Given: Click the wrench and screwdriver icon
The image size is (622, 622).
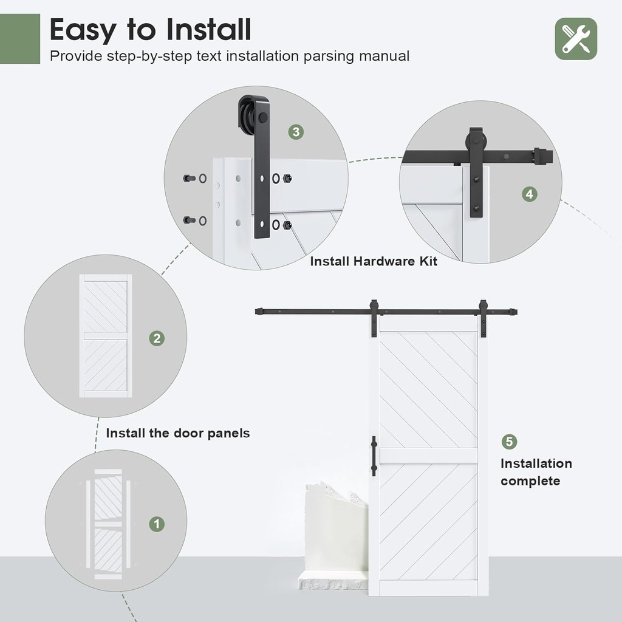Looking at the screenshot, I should click(x=576, y=39).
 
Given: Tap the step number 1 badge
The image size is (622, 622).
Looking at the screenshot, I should click(x=157, y=524).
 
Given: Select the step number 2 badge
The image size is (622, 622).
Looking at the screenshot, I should click(x=157, y=338).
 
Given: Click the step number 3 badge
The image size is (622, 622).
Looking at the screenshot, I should click(x=295, y=132).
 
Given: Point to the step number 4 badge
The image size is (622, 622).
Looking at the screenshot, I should click(x=530, y=194).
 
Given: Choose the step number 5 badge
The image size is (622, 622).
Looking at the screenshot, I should click(x=508, y=442).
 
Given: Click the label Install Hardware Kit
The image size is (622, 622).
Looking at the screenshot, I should click(x=374, y=261).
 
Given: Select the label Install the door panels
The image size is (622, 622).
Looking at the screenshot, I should click(x=178, y=433).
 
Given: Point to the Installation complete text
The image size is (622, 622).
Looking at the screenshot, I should click(x=535, y=472).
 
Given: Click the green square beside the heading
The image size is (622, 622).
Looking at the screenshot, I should click(x=20, y=39).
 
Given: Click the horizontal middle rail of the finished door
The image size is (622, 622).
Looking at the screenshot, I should click(x=428, y=456).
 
